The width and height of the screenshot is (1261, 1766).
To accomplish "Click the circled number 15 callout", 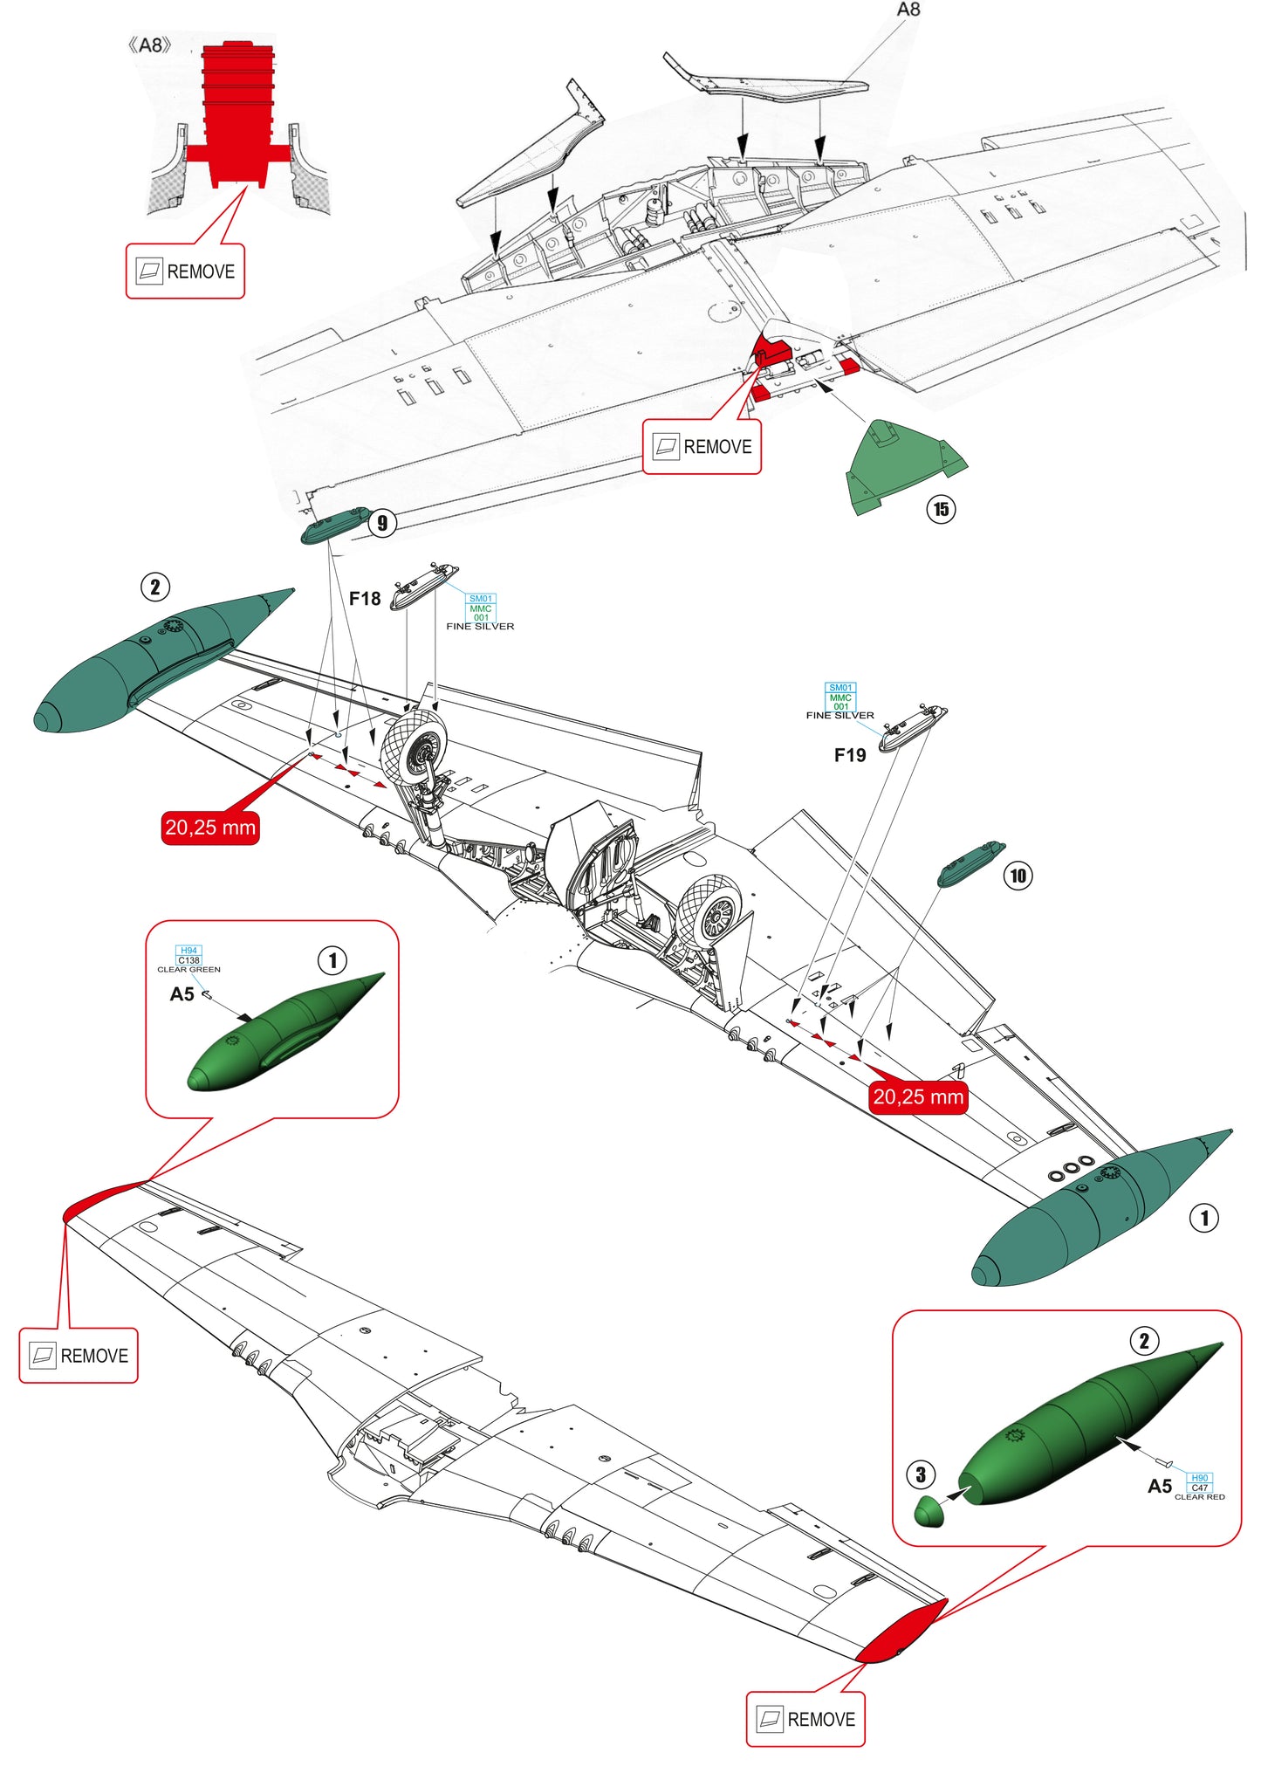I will click(x=941, y=509).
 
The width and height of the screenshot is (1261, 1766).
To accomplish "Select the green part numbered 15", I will click(x=899, y=467).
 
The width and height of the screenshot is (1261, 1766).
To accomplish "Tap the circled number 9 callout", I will click(x=382, y=523).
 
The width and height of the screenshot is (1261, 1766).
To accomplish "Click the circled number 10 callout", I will click(x=1018, y=876).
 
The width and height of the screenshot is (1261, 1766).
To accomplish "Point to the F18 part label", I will click(x=365, y=599).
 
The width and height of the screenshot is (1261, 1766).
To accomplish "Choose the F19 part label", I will click(x=850, y=755).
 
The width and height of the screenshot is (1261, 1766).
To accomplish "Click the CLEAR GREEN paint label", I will click(x=188, y=969).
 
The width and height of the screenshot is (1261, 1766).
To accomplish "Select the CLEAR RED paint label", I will click(x=1199, y=1496).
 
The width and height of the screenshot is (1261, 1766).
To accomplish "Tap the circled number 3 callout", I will click(x=921, y=1474).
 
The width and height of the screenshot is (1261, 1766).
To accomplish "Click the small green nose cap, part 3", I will click(x=929, y=1511).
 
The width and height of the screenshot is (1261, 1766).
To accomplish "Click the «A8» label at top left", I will click(x=149, y=45).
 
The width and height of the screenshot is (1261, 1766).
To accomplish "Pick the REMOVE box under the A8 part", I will click(x=185, y=271).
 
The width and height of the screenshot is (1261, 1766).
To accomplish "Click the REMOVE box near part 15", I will click(x=702, y=447).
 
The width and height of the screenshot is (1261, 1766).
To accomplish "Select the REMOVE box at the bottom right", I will click(x=805, y=1719).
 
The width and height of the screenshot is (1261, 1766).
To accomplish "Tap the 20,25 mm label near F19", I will click(x=918, y=1096).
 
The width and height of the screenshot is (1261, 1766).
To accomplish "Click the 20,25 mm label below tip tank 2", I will click(x=210, y=827).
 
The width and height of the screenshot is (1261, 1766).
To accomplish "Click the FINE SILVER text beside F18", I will click(x=480, y=626).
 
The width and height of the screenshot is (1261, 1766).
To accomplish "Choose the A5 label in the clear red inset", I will click(x=1159, y=1486).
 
